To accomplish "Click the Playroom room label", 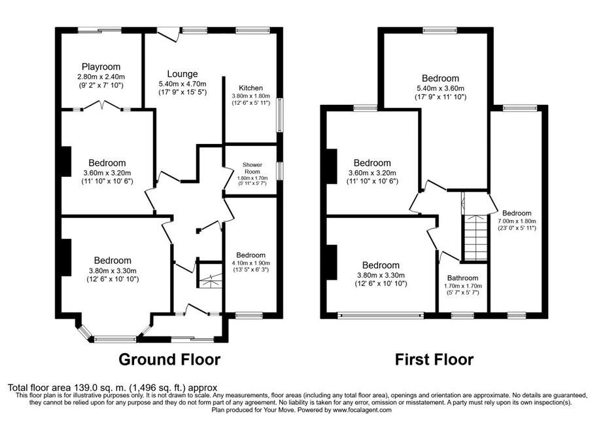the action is pyautogui.click(x=101, y=67).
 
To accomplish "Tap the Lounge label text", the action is pyautogui.click(x=182, y=74).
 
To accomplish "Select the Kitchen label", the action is pyautogui.click(x=250, y=88).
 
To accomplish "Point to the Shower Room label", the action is pyautogui.click(x=252, y=168).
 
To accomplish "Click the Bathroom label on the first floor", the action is pyautogui.click(x=462, y=278).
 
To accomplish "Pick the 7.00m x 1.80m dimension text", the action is pyautogui.click(x=517, y=221).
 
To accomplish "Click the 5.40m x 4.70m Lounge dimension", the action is pyautogui.click(x=182, y=84).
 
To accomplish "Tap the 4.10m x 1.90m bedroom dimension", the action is pyautogui.click(x=251, y=263).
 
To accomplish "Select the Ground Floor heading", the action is pyautogui.click(x=169, y=359).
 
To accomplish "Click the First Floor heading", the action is pyautogui.click(x=434, y=359).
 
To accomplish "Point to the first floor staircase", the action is pyautogui.click(x=476, y=238).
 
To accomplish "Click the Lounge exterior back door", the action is pyautogui.click(x=168, y=34).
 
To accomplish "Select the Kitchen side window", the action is pyautogui.click(x=280, y=115).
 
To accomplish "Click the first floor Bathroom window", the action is pyautogui.click(x=462, y=315).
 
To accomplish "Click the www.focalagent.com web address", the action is pyautogui.click(x=362, y=410).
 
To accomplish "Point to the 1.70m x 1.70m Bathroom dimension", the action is pyautogui.click(x=462, y=286).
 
